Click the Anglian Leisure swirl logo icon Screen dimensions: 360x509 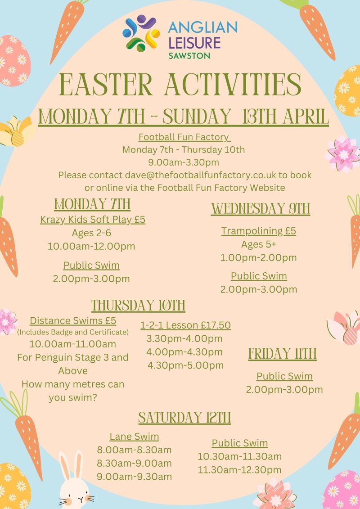(x=141, y=33)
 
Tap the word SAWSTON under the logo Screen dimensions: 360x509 (x=189, y=55)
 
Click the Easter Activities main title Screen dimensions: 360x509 (x=180, y=85)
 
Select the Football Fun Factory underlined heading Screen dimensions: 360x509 (x=184, y=137)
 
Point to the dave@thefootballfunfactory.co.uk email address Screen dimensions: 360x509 (x=200, y=175)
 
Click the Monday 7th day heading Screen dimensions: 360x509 (x=92, y=204)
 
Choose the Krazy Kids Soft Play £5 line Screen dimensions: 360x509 (x=93, y=220)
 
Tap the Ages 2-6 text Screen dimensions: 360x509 (x=91, y=233)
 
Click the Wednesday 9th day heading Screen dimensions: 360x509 (x=261, y=208)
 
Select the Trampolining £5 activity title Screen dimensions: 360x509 (x=259, y=231)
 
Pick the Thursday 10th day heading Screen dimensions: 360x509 (x=138, y=306)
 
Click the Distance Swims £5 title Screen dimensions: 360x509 (x=73, y=321)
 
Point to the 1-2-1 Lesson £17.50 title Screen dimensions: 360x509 (x=186, y=325)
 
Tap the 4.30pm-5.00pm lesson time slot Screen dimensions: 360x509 (x=186, y=365)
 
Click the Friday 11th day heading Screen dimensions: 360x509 (x=283, y=354)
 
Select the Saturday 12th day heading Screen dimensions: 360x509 (x=184, y=418)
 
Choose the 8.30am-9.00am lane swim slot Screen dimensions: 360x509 (x=135, y=463)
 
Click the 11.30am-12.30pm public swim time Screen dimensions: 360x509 (x=240, y=470)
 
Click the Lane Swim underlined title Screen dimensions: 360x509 (x=135, y=437)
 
